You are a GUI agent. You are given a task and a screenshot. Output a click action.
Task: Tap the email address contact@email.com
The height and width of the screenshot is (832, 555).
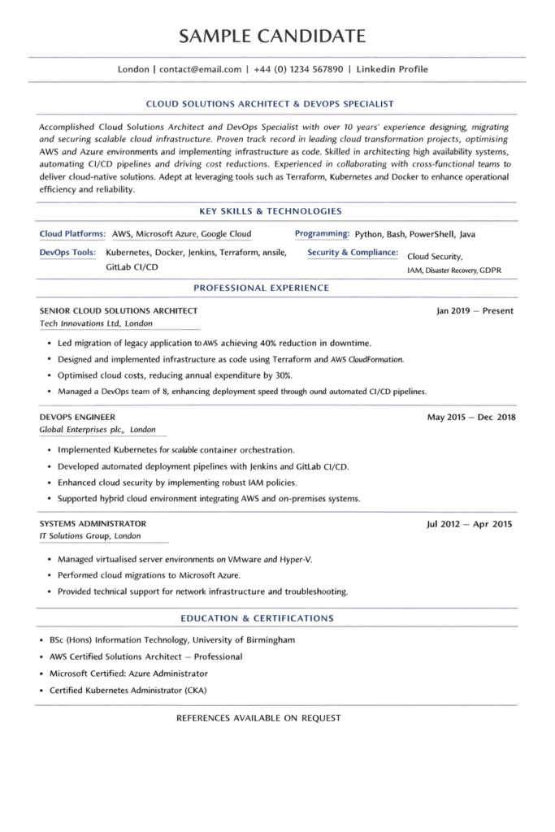200,70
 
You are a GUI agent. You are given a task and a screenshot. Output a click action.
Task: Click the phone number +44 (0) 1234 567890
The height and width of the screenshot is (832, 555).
297,70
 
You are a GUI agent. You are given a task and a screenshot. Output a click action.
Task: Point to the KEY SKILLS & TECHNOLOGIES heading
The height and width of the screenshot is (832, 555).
271,211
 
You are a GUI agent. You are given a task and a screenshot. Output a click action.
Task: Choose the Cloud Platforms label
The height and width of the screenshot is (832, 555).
72,234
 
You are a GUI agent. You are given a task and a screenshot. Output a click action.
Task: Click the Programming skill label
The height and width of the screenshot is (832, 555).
322,234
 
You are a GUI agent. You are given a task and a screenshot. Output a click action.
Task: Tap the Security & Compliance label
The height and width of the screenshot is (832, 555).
353,253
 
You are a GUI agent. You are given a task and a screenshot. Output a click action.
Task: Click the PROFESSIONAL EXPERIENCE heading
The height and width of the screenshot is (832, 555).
261,288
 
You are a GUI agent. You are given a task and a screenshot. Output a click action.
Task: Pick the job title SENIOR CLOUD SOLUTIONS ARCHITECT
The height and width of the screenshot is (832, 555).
119,310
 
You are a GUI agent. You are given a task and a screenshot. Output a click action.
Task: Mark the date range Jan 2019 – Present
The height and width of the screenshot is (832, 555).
475,310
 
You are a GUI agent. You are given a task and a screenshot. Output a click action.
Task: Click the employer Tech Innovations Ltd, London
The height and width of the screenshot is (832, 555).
96,323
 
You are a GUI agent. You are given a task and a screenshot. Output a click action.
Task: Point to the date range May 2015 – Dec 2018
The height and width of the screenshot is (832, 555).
471,418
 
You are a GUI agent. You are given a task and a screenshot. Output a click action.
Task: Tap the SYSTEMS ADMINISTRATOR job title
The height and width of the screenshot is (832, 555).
93,524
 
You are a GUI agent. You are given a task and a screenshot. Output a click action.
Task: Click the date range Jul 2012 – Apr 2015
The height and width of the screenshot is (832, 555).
470,524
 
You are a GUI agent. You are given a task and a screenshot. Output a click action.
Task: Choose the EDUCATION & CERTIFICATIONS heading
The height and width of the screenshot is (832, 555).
257,618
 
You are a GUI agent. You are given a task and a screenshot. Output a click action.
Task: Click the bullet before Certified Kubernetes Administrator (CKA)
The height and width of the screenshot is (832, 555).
41,691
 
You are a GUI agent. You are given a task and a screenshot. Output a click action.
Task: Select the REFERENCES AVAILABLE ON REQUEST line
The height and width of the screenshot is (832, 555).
258,718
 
